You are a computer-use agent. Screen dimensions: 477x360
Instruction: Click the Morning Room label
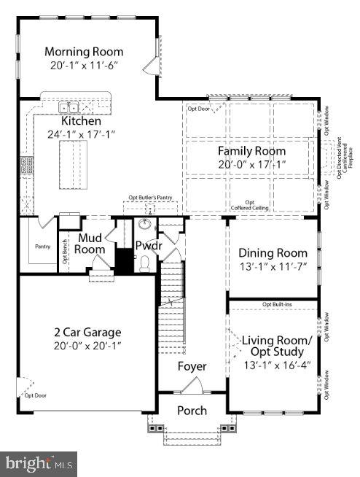[x=84, y=52]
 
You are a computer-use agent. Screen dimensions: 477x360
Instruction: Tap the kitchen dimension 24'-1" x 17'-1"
[x=81, y=134]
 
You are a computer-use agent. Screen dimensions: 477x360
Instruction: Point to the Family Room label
[x=251, y=151]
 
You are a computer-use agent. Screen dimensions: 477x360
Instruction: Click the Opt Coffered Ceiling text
[x=250, y=206]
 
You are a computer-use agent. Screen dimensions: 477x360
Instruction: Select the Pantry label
[x=43, y=247]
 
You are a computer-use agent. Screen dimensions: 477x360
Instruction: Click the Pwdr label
[x=148, y=246]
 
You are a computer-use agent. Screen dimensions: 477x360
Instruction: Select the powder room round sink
[x=144, y=225]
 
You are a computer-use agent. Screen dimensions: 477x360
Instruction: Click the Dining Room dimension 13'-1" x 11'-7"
[x=273, y=266]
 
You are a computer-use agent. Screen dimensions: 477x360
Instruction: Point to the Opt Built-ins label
[x=276, y=303]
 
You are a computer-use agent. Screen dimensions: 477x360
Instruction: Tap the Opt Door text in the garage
[x=34, y=395]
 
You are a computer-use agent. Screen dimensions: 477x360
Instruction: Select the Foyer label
[x=192, y=366]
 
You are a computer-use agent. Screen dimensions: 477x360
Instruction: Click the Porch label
[x=192, y=411]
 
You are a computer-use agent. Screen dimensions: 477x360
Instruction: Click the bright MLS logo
[x=40, y=462]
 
